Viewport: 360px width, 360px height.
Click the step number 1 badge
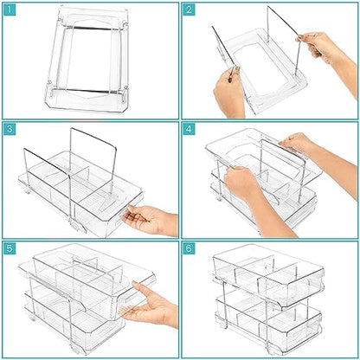tap(10, 10)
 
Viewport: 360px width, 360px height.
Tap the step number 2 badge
tap(189, 10)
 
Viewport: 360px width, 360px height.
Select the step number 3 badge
tap(10, 129)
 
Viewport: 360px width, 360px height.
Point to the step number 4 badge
tap(189, 129)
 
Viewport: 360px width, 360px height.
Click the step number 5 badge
tap(10, 248)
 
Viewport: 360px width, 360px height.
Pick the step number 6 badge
tap(189, 248)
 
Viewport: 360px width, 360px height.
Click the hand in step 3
tap(150, 220)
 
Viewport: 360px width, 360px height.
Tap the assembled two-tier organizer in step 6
tap(268, 300)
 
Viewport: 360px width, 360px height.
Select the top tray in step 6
tap(268, 277)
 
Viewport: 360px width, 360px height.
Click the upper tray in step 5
tap(87, 277)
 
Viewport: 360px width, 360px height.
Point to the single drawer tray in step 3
tap(80, 196)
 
